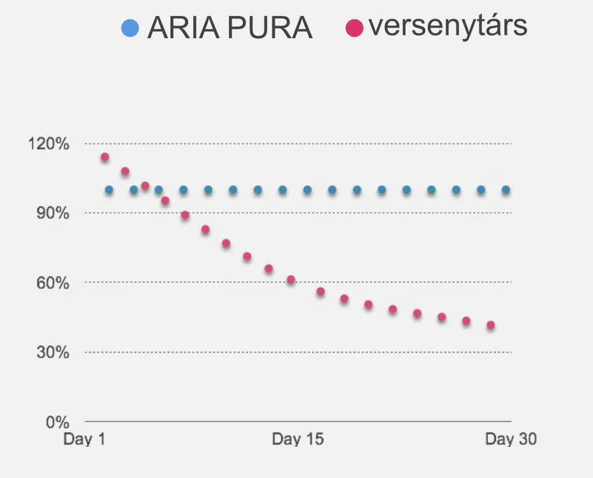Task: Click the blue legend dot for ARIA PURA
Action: (x=130, y=28)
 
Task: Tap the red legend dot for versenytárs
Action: (x=354, y=28)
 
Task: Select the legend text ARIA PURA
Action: (x=230, y=28)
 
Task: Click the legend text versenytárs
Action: (x=448, y=26)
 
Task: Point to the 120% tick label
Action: (x=48, y=143)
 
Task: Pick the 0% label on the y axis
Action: (x=56, y=421)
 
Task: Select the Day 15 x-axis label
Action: (x=298, y=439)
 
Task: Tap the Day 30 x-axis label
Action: (x=511, y=439)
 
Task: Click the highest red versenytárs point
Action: (x=105, y=157)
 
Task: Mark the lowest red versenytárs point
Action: (x=491, y=325)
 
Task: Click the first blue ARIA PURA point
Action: (x=109, y=190)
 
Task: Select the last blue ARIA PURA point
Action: (x=506, y=190)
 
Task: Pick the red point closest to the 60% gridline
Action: (x=291, y=280)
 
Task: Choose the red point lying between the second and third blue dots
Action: (x=145, y=186)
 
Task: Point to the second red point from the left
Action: (x=125, y=171)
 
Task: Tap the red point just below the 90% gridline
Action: (x=185, y=215)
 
